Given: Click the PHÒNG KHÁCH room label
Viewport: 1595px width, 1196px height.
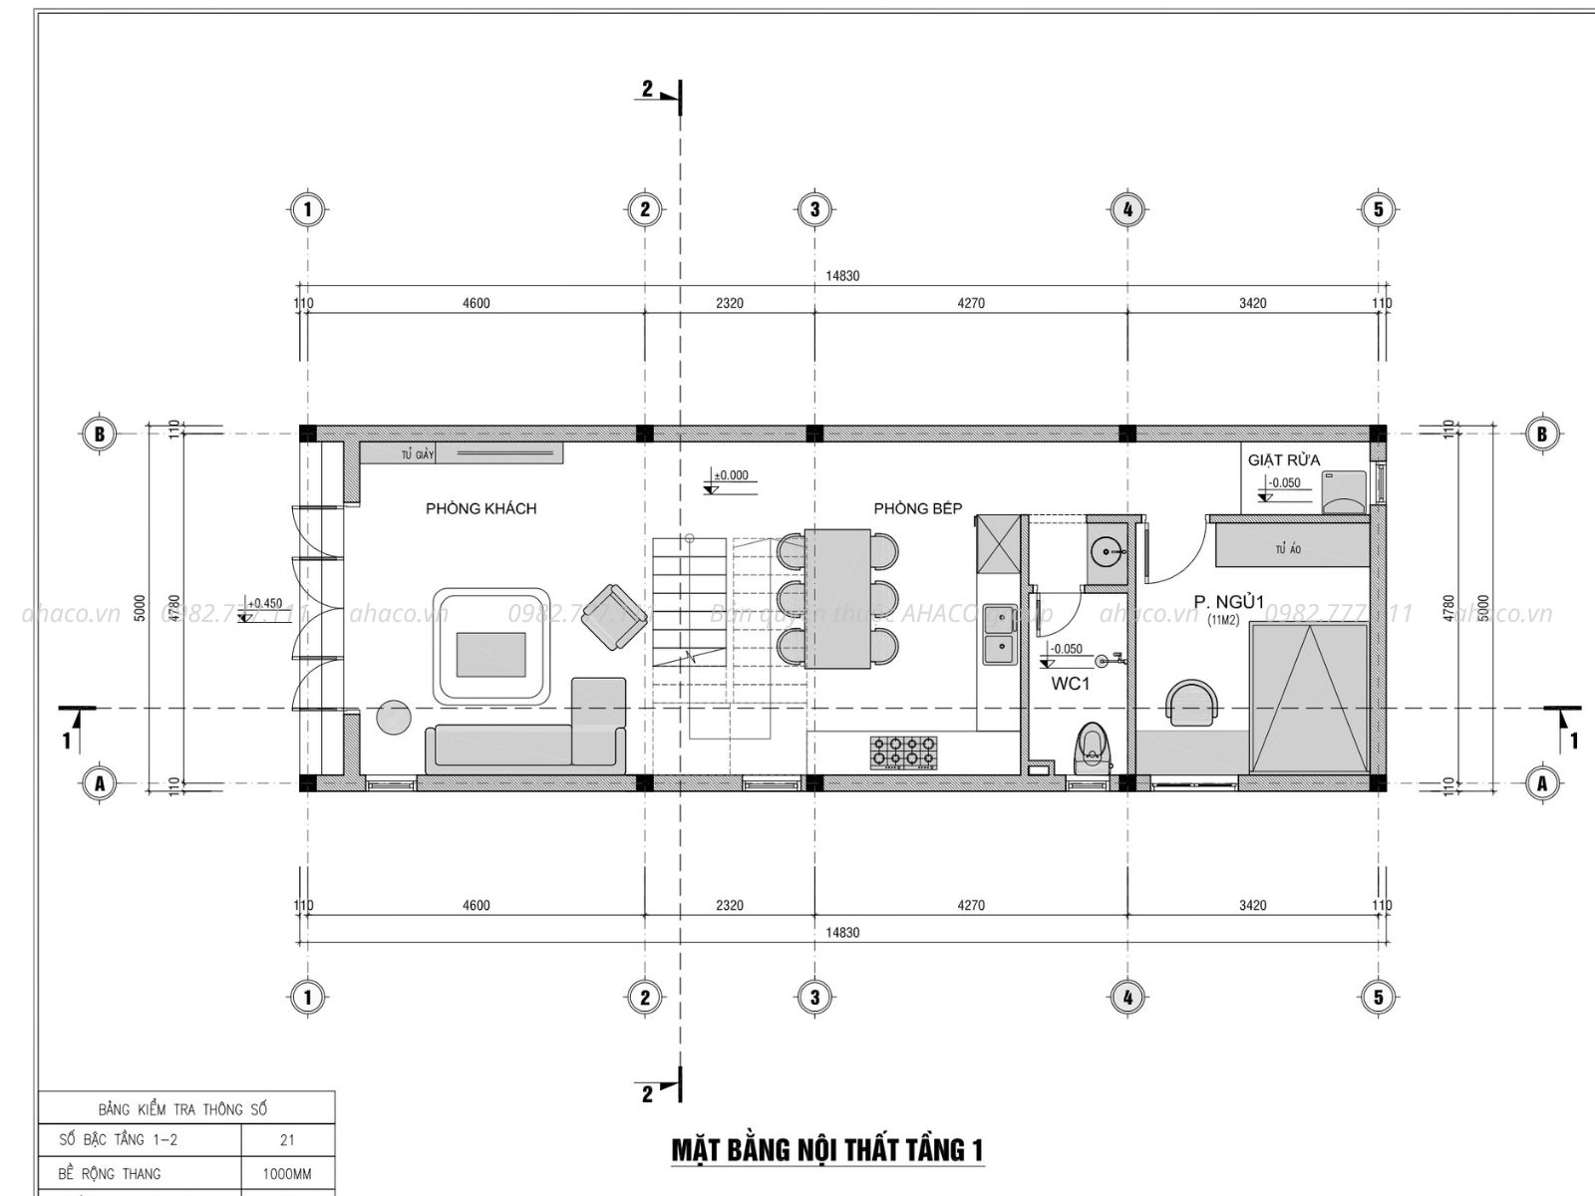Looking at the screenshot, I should (480, 508).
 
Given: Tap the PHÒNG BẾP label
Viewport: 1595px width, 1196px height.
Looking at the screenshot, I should (917, 508).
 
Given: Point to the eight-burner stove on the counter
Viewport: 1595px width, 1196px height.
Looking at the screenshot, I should (905, 751).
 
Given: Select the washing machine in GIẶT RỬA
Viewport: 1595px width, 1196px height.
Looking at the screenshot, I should (1343, 493).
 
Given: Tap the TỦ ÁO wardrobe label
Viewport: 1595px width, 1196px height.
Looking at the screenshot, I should (1287, 549).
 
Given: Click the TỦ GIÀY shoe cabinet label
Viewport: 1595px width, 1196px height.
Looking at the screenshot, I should (418, 454).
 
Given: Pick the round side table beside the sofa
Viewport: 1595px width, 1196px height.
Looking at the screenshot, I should (395, 717).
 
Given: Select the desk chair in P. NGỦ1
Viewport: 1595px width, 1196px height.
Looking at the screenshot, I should (1192, 702).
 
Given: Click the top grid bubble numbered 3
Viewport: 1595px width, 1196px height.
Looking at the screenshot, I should (814, 209).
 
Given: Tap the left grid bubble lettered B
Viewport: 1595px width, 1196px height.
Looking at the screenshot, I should (99, 434).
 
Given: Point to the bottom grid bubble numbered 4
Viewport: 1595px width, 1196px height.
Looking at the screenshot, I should (1127, 997).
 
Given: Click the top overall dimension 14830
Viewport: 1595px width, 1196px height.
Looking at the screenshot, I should (842, 276).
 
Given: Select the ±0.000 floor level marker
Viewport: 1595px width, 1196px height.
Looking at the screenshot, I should (730, 476).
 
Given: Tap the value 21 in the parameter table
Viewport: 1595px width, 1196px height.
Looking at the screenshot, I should (287, 1140).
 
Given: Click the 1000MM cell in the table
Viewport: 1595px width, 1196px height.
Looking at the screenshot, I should (287, 1174).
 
